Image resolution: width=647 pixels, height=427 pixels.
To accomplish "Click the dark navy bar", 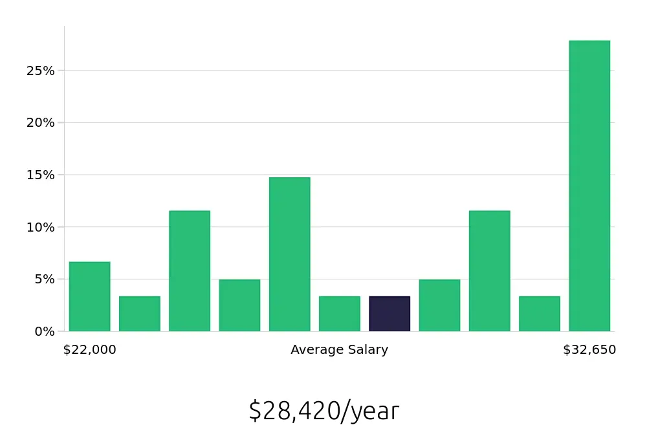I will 389,314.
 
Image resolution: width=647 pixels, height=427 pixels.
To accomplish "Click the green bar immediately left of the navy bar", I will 340,314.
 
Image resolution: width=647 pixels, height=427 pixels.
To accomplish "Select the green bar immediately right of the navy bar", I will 439,305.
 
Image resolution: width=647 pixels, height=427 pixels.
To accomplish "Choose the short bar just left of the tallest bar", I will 540,314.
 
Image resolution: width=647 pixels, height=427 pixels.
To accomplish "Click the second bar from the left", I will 140,314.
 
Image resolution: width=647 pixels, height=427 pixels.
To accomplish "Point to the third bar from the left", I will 190,271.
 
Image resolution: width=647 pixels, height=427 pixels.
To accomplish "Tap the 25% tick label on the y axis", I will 40,71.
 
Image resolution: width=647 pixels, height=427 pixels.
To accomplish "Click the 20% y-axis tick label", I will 40,123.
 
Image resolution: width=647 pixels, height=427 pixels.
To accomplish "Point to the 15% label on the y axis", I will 40,175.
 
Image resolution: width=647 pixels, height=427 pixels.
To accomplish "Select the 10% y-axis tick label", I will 40,227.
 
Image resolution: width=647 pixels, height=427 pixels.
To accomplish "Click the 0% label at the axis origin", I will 44,331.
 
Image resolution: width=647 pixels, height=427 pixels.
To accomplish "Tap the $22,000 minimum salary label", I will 90,350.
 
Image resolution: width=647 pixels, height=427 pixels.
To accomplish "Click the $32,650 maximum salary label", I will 589,350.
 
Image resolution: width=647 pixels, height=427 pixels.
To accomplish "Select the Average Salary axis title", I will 340,350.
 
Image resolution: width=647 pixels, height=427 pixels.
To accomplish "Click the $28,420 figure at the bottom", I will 294,411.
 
